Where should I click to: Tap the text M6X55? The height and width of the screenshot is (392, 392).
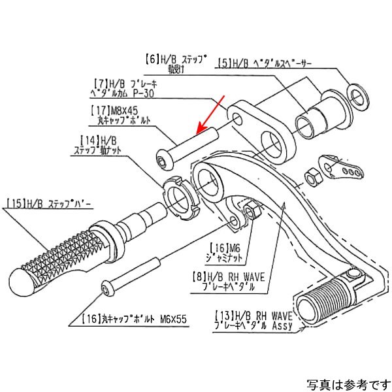coord(172,319)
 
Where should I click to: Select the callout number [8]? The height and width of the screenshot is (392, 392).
coord(199,277)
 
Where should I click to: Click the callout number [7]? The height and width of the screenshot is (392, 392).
coord(102,84)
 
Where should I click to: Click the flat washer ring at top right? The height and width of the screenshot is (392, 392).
coord(357,96)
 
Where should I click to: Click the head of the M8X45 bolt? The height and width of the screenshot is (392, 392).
coord(163,159)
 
